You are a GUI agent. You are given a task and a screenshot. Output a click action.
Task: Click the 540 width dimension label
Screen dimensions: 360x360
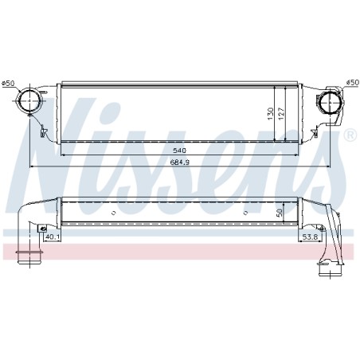tap(179, 151)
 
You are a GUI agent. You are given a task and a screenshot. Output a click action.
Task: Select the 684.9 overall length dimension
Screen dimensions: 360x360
tap(179, 162)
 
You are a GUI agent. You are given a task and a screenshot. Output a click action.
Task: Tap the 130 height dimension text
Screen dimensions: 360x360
tap(271, 113)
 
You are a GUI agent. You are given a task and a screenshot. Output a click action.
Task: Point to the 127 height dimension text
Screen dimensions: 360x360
tap(281, 113)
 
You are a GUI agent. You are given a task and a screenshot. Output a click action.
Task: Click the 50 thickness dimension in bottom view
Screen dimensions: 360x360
tap(279, 213)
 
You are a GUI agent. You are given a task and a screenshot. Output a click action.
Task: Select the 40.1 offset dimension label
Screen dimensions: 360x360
tap(53, 237)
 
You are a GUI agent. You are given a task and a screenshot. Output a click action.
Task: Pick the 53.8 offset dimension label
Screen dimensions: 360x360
tap(310, 237)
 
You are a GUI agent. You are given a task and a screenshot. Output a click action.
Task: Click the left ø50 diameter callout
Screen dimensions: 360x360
tap(8, 83)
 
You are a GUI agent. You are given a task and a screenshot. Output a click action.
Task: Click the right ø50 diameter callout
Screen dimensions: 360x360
tap(353, 83)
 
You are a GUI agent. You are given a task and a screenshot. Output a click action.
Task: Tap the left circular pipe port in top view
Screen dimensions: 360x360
tap(29, 101)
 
